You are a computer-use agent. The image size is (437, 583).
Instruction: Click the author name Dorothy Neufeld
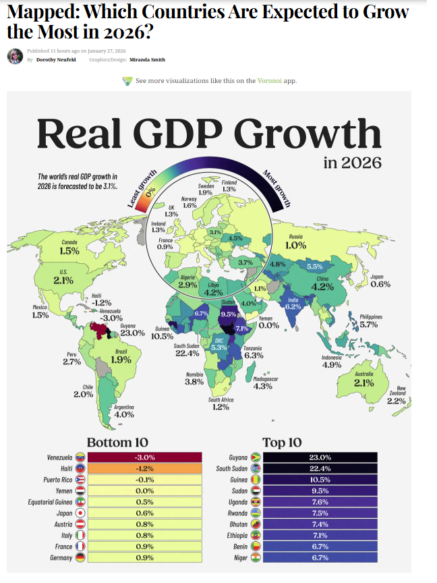tap(51, 59)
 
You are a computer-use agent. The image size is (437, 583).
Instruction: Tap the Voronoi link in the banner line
tap(265, 81)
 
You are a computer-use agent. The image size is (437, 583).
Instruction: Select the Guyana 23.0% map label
tap(132, 330)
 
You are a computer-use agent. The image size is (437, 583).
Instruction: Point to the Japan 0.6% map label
tap(380, 281)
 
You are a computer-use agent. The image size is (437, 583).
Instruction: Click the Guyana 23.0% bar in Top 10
tap(320, 457)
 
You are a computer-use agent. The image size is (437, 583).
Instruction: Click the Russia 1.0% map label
tap(295, 242)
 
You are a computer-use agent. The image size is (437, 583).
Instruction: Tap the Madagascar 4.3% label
tap(266, 383)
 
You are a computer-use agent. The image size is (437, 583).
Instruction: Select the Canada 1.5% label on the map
tap(69, 247)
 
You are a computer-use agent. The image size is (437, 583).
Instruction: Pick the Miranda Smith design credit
tap(148, 59)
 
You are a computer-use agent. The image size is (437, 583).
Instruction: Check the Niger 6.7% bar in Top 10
tap(320, 557)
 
